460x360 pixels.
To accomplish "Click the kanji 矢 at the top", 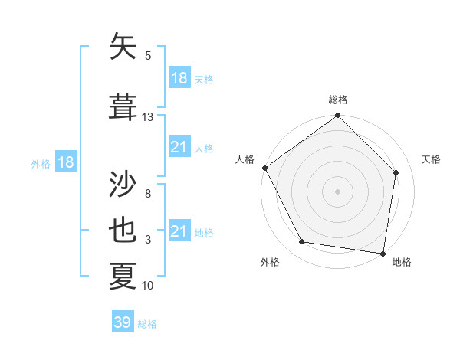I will click(x=123, y=47).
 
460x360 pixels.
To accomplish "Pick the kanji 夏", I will click(x=123, y=276).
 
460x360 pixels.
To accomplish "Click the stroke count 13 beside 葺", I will click(x=148, y=117).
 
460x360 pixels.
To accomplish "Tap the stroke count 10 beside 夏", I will click(x=148, y=286).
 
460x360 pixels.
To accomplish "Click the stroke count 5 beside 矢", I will click(x=148, y=56).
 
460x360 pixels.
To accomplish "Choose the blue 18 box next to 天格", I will click(x=179, y=77).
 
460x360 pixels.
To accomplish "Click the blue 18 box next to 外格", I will click(x=65, y=162).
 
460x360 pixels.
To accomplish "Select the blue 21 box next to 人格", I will click(x=179, y=147).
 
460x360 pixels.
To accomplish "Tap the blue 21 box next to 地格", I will click(x=179, y=231).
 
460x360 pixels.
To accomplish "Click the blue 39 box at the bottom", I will click(x=123, y=322).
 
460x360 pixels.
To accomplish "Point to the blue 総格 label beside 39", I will click(x=147, y=324).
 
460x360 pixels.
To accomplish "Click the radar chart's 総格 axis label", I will click(x=337, y=100).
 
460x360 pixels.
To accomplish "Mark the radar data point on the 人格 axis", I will click(x=265, y=168).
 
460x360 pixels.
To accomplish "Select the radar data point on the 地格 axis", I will click(x=382, y=252).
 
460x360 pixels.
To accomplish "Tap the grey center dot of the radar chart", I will click(x=337, y=191).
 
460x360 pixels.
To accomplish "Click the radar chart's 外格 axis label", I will click(x=270, y=262).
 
